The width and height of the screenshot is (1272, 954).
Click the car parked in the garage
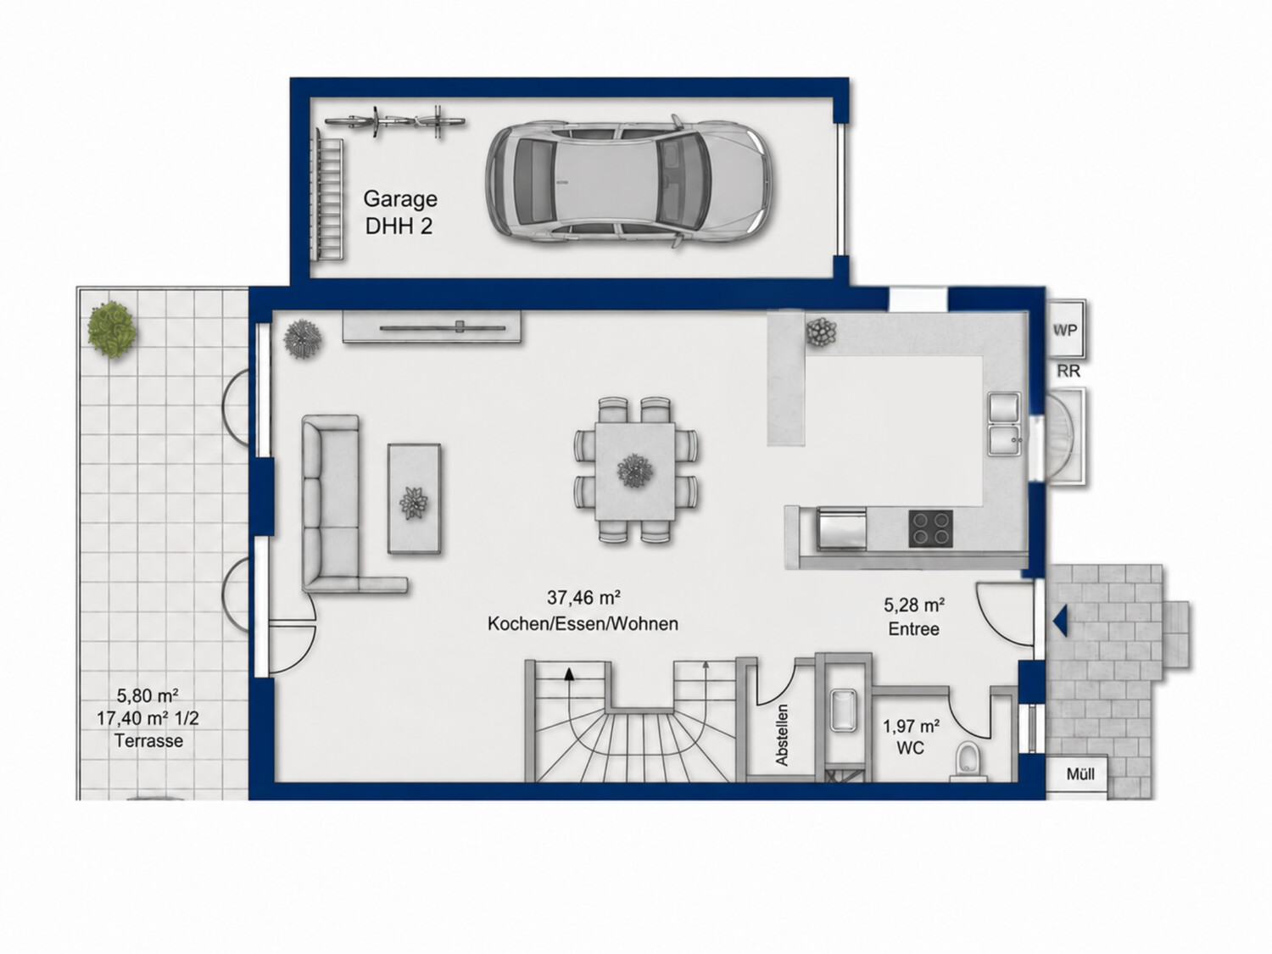pyautogui.click(x=631, y=181)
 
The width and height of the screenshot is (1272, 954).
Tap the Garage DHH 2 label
pyautogui.click(x=400, y=213)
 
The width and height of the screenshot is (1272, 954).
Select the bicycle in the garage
pyautogui.click(x=394, y=121)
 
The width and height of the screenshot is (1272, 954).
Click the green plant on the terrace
pyautogui.click(x=113, y=331)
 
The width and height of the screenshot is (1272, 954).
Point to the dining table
pyautogui.click(x=635, y=471)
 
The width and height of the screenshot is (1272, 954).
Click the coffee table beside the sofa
pyautogui.click(x=414, y=499)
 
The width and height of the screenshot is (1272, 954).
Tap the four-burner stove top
pyautogui.click(x=930, y=528)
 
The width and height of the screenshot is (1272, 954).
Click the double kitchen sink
pyautogui.click(x=1005, y=424)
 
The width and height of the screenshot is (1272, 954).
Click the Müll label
pyautogui.click(x=1080, y=774)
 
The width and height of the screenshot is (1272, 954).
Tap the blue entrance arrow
pyautogui.click(x=1060, y=621)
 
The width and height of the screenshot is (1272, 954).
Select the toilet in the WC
pyautogui.click(x=968, y=762)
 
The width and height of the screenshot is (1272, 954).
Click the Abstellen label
pyautogui.click(x=782, y=734)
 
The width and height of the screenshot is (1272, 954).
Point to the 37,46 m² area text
pyautogui.click(x=584, y=597)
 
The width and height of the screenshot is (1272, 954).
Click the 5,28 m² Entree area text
pyautogui.click(x=914, y=616)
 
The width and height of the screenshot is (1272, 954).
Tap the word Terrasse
pyautogui.click(x=149, y=741)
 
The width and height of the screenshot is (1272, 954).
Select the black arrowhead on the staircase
pyautogui.click(x=569, y=673)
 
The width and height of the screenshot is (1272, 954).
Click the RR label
pyautogui.click(x=1068, y=371)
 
